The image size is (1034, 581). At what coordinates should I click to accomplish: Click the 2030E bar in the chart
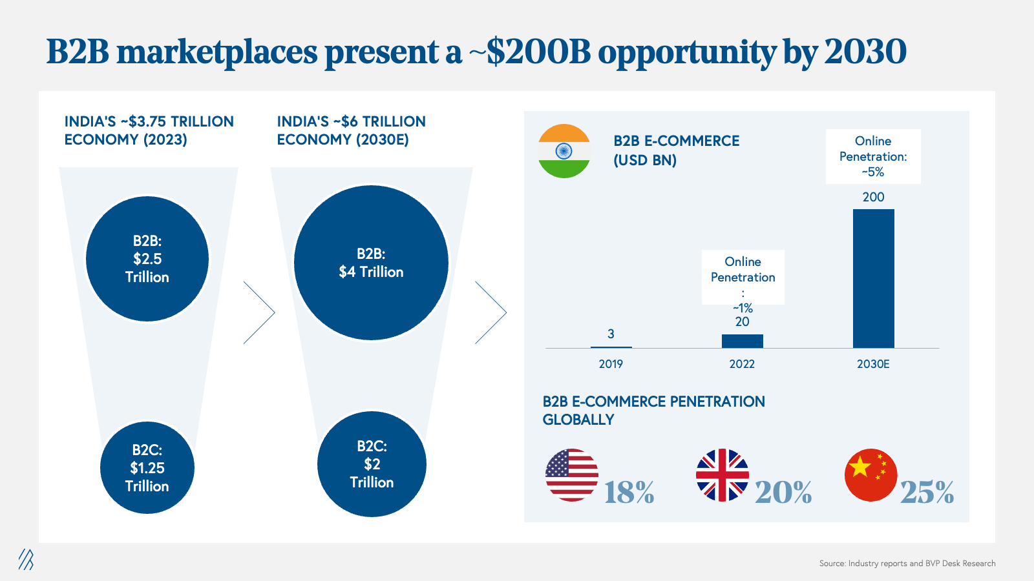873,278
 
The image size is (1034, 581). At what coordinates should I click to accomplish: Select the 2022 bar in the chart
743,341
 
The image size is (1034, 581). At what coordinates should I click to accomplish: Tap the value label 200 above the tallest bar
873,198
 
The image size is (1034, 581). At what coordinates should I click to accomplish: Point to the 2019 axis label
611,364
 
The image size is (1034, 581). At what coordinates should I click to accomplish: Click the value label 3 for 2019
611,334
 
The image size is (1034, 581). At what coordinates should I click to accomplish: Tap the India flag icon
564,151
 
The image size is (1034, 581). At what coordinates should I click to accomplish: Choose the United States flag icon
572,475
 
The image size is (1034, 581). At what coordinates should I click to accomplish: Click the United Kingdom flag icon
723,475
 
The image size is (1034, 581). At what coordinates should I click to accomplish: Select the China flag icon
871,475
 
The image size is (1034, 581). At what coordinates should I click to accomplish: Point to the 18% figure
629,492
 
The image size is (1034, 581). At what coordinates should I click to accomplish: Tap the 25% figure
927,492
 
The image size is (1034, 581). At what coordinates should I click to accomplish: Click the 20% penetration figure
783,492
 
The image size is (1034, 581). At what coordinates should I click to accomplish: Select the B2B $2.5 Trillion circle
147,259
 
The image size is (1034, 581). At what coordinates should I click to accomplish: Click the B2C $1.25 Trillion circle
147,467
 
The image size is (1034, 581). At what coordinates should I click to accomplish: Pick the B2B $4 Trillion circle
371,263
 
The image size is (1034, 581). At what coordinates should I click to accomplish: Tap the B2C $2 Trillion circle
372,464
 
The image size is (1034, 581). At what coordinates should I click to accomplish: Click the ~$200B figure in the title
530,52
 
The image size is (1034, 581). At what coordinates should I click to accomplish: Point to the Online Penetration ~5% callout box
873,156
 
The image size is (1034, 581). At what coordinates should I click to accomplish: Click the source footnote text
907,564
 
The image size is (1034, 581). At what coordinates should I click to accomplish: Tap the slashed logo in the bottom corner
26,559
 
